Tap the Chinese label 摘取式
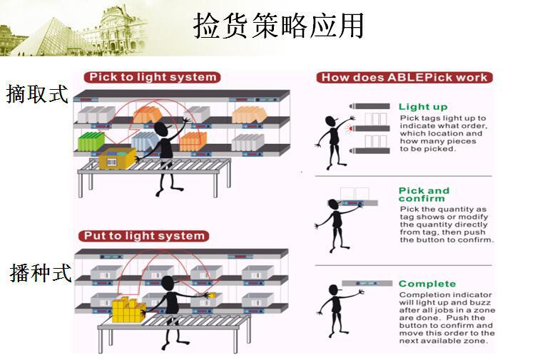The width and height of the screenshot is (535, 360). [x=37, y=93]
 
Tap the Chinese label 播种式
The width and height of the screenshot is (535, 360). [x=41, y=272]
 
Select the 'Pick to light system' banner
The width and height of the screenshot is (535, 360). [x=151, y=77]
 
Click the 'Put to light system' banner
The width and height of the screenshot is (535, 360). [x=145, y=236]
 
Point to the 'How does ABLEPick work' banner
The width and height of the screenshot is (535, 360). [x=404, y=78]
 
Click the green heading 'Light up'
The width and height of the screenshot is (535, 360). [x=423, y=107]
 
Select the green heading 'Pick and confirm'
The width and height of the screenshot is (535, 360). [x=424, y=194]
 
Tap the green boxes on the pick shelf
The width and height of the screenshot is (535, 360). [x=91, y=141]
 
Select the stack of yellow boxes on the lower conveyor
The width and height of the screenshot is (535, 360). [x=127, y=309]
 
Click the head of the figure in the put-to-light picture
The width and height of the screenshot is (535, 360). [x=170, y=283]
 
